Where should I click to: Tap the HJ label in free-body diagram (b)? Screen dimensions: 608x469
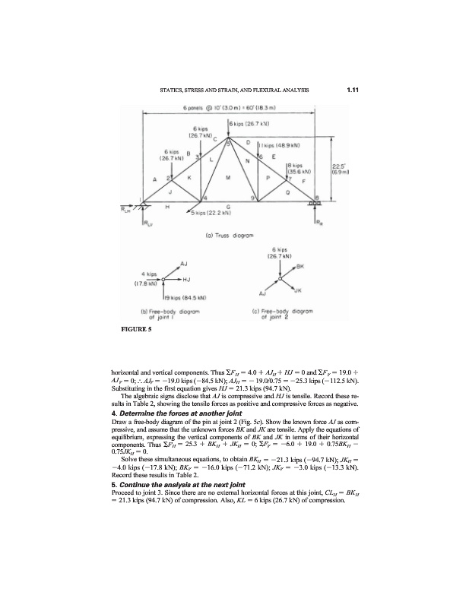[x=188, y=280]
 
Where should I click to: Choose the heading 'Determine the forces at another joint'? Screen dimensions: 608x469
[x=167, y=392]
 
